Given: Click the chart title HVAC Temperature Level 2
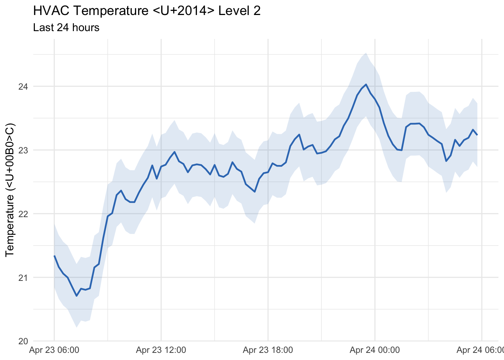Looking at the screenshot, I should [147, 11].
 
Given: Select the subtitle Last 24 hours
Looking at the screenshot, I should [66, 28].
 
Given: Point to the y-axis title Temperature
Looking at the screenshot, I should [10, 190].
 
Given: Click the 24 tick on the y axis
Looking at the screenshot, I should [23, 87].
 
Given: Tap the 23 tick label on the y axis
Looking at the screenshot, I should [23, 150].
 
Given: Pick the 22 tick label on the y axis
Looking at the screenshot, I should [23, 214].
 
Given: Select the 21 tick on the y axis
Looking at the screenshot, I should [23, 278].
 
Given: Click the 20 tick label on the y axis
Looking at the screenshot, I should [23, 341].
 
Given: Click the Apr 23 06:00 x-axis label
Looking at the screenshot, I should [54, 351].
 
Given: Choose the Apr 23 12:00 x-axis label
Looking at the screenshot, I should [161, 351].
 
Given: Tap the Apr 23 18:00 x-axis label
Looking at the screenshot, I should [268, 351].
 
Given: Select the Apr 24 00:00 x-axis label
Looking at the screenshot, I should [375, 351].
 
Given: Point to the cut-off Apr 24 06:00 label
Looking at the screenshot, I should [480, 351].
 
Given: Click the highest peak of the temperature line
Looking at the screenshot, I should [366, 84].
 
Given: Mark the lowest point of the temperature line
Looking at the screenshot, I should [76, 296].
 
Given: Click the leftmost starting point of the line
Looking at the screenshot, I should [54, 256].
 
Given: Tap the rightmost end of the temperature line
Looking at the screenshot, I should [477, 135].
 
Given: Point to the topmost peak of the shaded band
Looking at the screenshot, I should [366, 53].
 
